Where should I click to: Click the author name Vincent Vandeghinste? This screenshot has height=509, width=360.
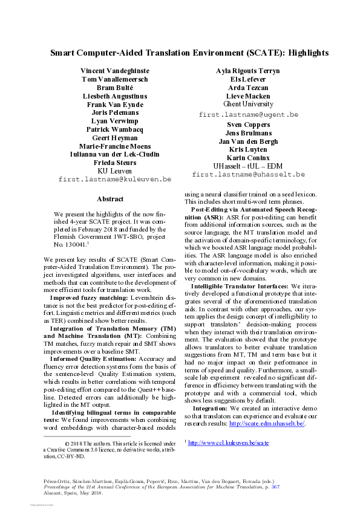(115, 71)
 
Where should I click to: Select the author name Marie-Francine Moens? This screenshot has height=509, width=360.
(115, 146)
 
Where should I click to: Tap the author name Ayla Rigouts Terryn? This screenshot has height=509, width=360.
(248, 71)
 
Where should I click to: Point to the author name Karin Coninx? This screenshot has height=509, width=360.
(249, 158)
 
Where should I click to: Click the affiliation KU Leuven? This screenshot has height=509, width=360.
(115, 171)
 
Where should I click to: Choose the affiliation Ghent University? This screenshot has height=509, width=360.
(249, 105)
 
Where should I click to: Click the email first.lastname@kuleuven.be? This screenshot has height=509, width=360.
(115, 180)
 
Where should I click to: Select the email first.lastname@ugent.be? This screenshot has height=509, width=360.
(249, 114)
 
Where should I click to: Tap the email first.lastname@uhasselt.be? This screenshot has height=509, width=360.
(249, 175)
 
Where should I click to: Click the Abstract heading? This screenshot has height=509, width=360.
(110, 199)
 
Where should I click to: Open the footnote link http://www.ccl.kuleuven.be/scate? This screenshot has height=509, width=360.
(229, 443)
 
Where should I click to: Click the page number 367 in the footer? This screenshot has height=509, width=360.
(275, 486)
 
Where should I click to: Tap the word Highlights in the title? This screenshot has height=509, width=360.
(308, 53)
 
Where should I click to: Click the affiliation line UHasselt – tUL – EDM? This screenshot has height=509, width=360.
(249, 166)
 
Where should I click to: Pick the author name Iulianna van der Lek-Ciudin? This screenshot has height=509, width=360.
(115, 155)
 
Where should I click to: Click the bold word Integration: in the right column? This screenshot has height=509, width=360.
(209, 409)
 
